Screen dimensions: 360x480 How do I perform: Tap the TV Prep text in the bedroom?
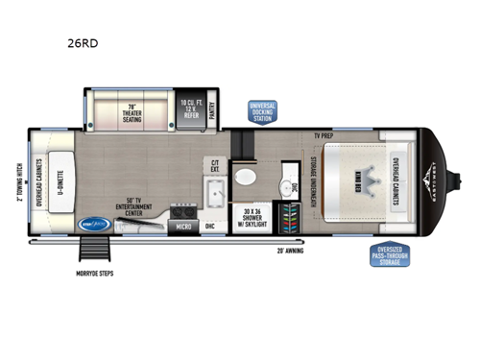point(324,135)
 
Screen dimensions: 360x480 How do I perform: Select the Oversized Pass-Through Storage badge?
point(390,256)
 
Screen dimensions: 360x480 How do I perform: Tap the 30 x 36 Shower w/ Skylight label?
point(252,216)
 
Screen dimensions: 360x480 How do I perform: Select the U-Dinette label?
point(59,179)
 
